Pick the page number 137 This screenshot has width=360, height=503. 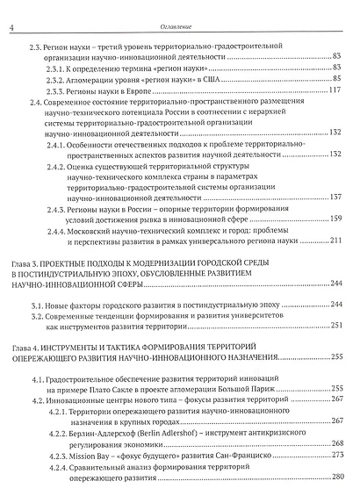coord(335,198)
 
